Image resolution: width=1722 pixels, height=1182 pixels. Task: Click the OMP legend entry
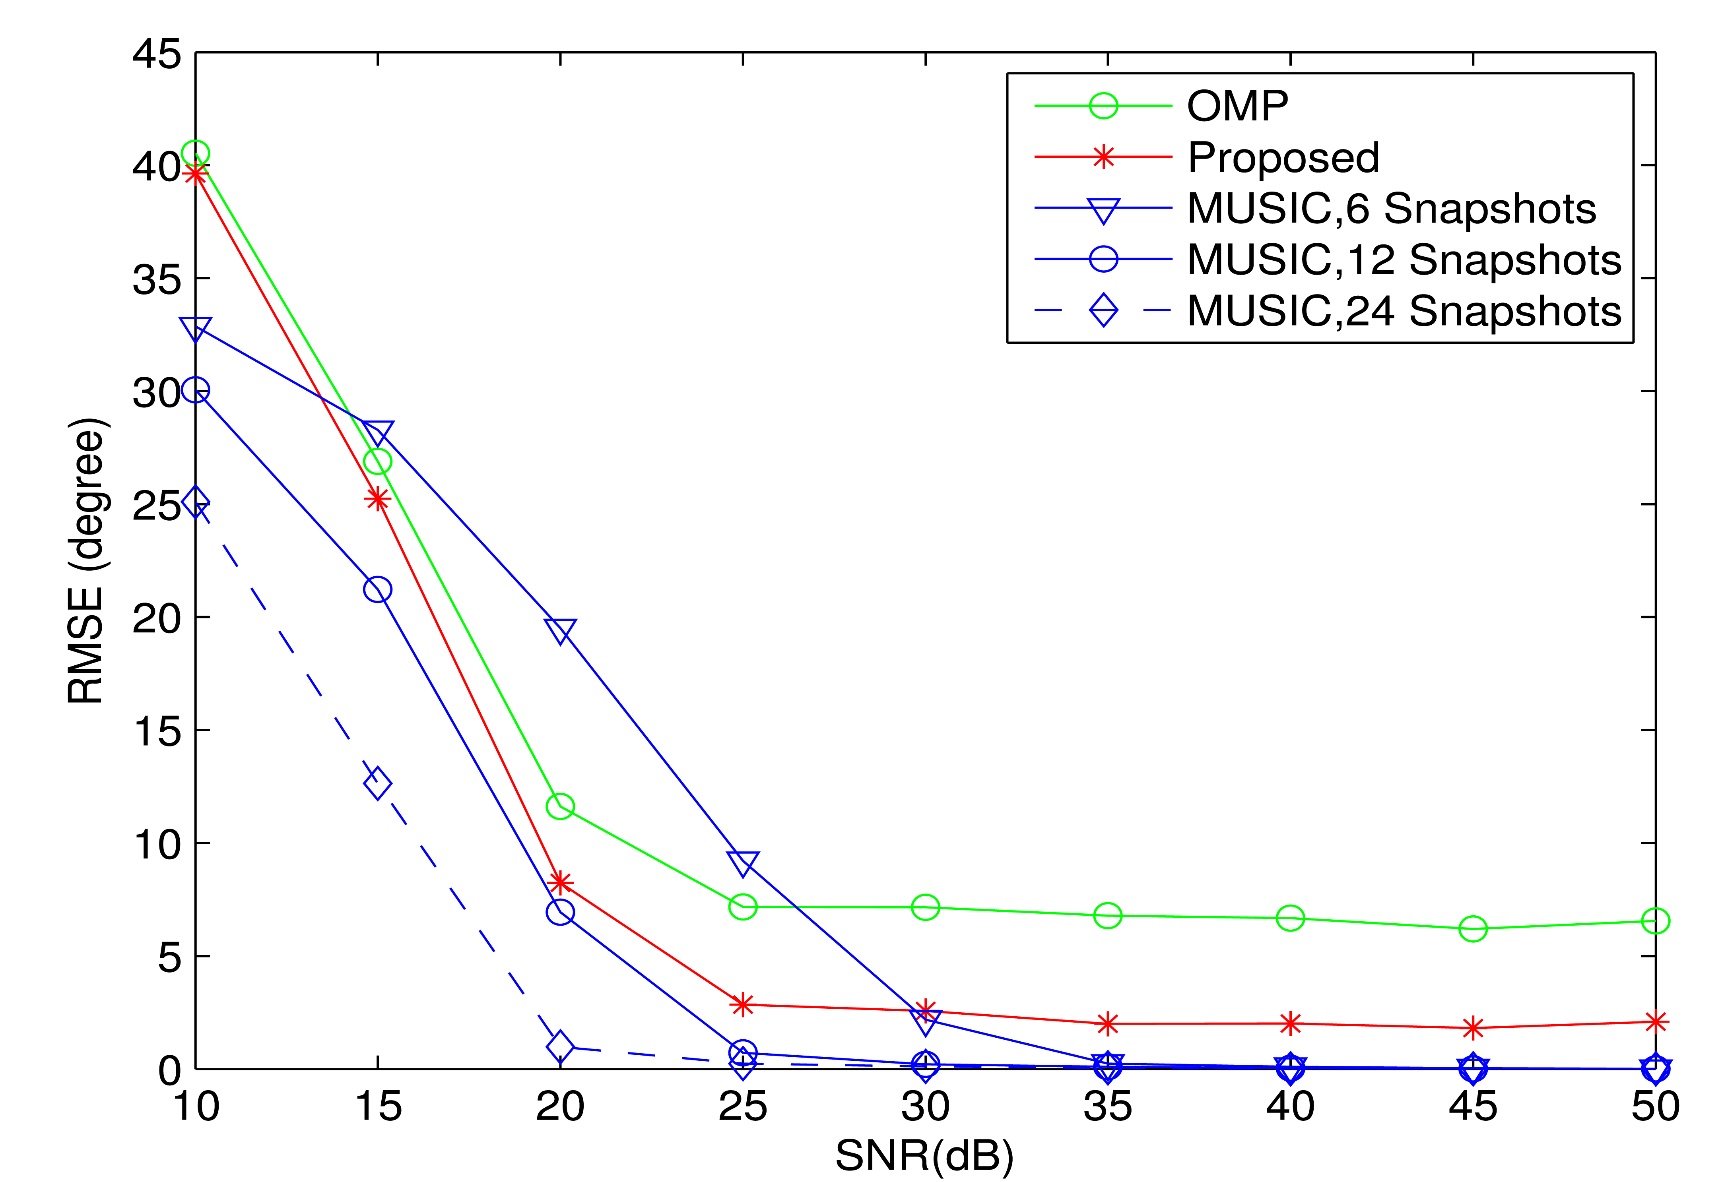(x=1237, y=106)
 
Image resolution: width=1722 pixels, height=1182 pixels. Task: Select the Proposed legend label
(x=1283, y=157)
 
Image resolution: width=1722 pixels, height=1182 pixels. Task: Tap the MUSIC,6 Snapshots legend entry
(x=1391, y=208)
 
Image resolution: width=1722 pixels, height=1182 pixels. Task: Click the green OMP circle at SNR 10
(x=196, y=153)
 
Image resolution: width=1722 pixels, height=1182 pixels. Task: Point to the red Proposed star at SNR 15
(x=378, y=499)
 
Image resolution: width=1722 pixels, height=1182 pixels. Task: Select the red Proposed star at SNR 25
(x=742, y=1004)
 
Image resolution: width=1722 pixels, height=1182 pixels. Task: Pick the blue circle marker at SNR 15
(x=378, y=589)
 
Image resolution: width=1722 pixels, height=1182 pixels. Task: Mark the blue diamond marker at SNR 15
(x=378, y=783)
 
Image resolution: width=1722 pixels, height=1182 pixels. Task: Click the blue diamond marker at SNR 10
(x=196, y=503)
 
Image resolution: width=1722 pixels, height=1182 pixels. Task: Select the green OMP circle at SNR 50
(x=1655, y=920)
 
